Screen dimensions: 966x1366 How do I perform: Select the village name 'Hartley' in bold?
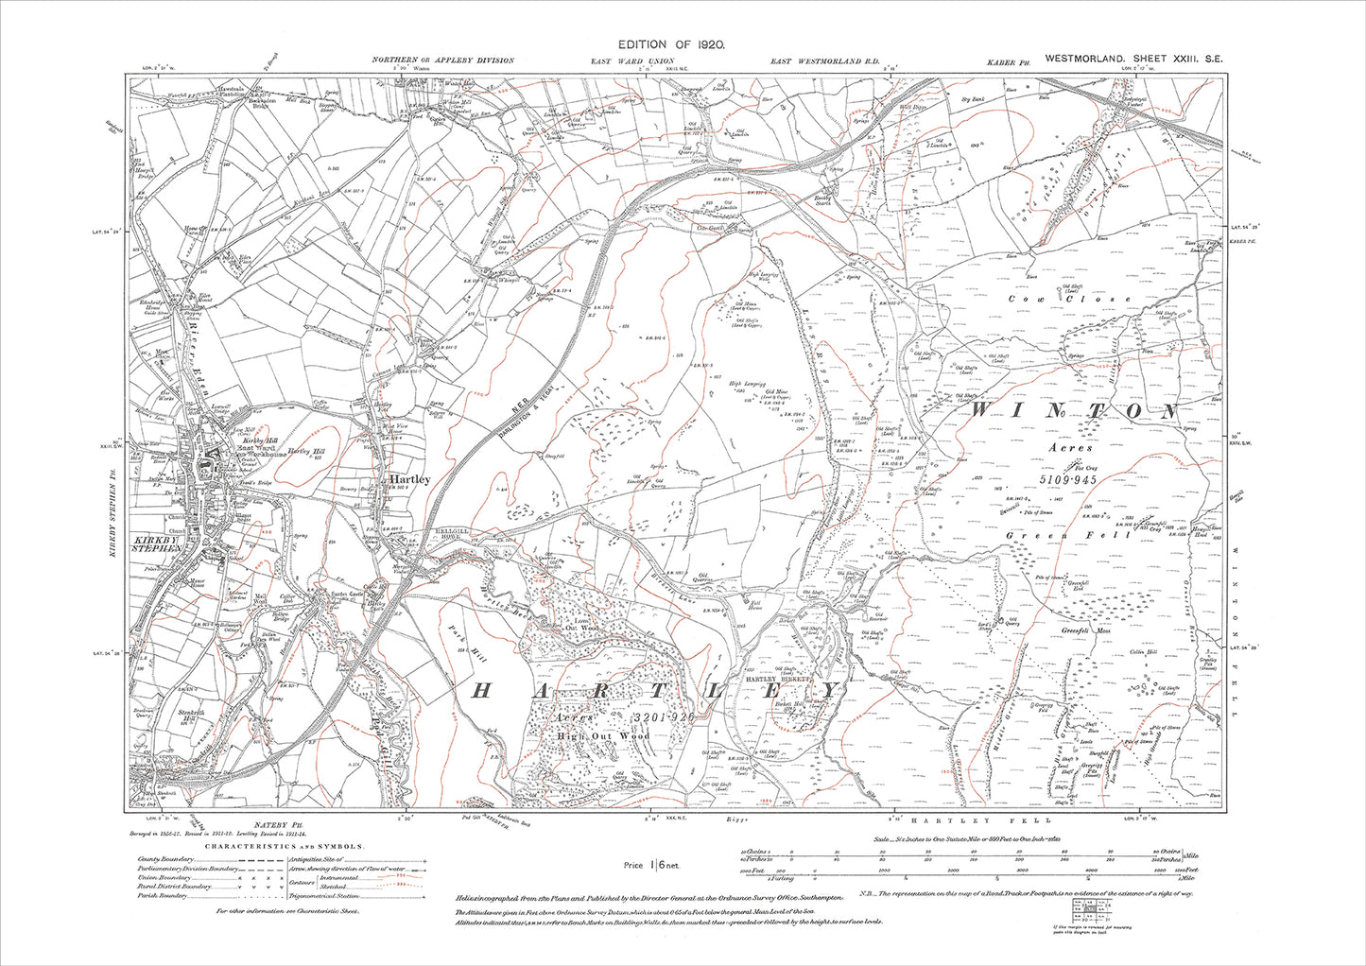(x=408, y=479)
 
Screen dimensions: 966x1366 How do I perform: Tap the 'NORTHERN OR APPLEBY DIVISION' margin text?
(x=442, y=60)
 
